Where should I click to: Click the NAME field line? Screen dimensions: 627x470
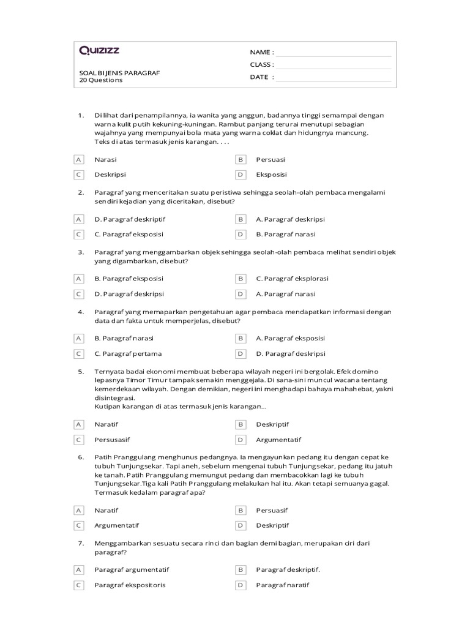click(x=334, y=53)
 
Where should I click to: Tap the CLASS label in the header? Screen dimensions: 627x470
click(x=261, y=65)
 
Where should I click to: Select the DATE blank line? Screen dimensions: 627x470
click(x=334, y=78)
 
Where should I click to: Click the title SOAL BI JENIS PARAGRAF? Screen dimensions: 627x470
click(x=119, y=73)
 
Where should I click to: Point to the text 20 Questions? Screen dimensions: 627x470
click(x=101, y=80)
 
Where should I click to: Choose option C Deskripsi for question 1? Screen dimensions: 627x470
click(x=110, y=175)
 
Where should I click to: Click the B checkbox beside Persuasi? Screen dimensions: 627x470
click(x=241, y=160)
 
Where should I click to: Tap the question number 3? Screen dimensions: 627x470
click(x=81, y=252)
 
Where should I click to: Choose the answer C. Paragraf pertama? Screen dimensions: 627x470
click(x=127, y=353)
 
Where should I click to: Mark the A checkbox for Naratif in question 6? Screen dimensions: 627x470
click(x=78, y=510)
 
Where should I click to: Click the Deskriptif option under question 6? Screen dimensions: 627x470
click(x=272, y=525)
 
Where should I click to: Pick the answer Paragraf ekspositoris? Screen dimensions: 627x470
click(x=130, y=585)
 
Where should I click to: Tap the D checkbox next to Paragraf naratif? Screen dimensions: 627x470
click(x=241, y=585)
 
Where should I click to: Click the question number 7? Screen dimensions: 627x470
click(x=81, y=543)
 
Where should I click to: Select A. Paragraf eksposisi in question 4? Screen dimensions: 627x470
click(x=290, y=338)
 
